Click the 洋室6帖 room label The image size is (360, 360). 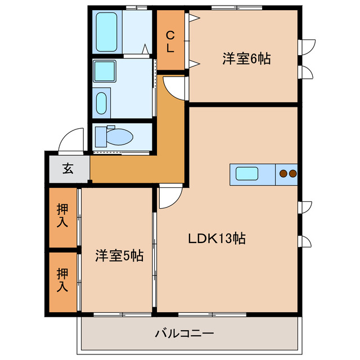(246, 58)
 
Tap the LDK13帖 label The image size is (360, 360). (217, 238)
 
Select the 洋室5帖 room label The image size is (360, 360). (119, 256)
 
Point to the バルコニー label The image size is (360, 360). (184, 334)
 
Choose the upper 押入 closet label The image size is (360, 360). (62, 217)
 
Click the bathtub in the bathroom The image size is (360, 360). (106, 33)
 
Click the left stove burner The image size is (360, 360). (283, 174)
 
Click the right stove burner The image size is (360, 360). (292, 174)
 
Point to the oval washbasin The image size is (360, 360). (102, 103)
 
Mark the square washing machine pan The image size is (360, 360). (104, 71)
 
